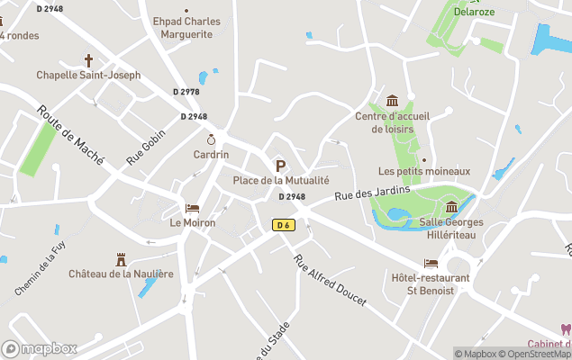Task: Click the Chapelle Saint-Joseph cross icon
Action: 88,60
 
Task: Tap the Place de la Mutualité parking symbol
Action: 280,166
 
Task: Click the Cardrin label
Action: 211,155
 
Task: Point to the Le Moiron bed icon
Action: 192,208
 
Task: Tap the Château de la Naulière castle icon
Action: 121,259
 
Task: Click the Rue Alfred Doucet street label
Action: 330,282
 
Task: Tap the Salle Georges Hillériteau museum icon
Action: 451,208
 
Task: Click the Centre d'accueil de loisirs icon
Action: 392,101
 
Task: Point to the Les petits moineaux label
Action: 424,171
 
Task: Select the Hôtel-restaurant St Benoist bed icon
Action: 431,264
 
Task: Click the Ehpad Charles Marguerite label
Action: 187,28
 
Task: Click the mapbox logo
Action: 40,348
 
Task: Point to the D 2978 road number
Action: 186,91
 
